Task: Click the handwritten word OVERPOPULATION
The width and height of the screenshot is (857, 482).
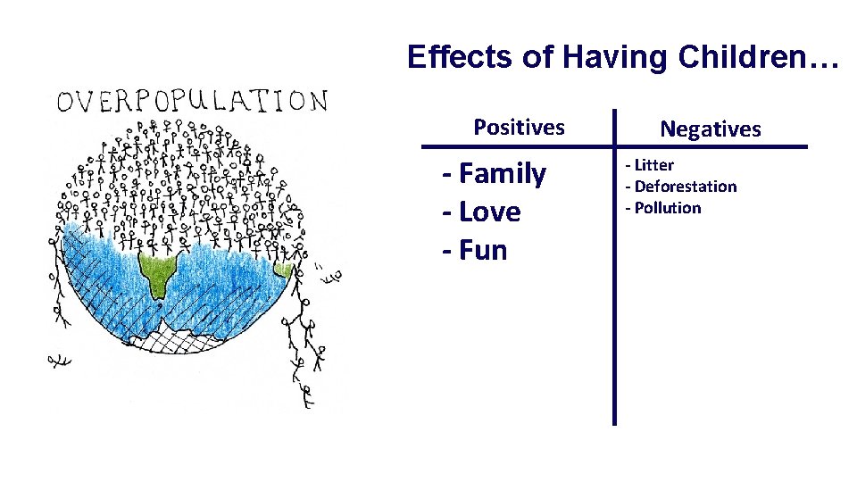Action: coord(192,100)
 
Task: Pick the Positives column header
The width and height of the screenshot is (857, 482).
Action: coord(519,128)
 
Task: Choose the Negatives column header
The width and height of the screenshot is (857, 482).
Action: coord(711,129)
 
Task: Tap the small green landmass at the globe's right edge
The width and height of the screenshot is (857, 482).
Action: coord(284,268)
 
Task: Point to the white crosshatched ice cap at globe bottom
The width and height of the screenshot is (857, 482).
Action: coord(187,338)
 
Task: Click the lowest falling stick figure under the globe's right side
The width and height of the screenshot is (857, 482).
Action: coord(306,393)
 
